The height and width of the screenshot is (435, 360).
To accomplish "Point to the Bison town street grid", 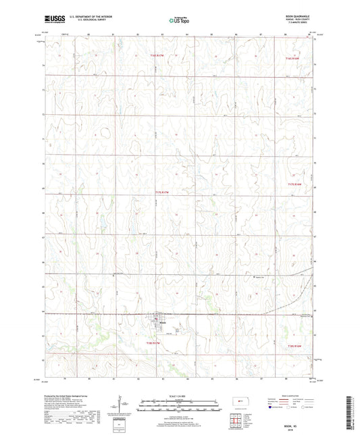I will click(x=160, y=318).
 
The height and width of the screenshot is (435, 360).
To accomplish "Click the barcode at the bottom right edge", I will click(x=353, y=412).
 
